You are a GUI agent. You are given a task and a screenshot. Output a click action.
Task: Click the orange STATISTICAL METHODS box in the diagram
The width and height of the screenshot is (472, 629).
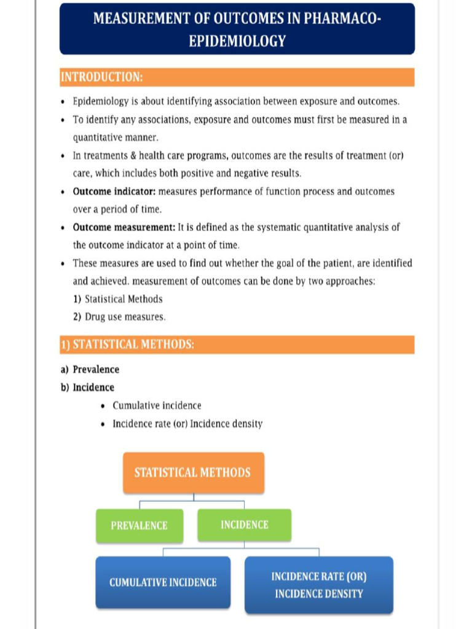coord(193,472)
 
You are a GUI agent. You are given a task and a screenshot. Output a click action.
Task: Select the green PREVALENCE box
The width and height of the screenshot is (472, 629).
coord(139,525)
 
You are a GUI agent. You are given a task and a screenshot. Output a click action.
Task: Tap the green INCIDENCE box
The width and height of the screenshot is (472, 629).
coord(244,525)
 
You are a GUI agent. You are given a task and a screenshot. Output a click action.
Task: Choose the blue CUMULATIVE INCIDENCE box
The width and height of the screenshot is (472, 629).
coord(163,582)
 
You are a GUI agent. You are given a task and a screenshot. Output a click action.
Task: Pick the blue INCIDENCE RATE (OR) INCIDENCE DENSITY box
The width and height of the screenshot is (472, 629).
coord(318,585)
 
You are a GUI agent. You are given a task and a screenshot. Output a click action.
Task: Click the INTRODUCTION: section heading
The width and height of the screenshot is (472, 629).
coord(102,77)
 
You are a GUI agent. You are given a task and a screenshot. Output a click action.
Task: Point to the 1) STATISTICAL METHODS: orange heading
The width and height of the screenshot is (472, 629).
coord(127,345)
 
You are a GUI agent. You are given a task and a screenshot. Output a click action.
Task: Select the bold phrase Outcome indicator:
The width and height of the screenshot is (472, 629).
coord(114,192)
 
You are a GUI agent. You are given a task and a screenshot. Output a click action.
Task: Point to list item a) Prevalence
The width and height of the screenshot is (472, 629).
coord(90,370)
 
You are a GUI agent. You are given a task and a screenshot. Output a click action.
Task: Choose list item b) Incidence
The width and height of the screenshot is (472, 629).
coord(87,388)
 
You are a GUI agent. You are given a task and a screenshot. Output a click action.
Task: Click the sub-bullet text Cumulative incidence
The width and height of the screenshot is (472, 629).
coord(157,406)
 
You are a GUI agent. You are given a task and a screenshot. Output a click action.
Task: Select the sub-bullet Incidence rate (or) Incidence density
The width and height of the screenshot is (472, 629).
coord(187,424)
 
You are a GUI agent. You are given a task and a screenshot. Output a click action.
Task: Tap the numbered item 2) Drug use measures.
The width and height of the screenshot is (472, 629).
coord(119,317)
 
